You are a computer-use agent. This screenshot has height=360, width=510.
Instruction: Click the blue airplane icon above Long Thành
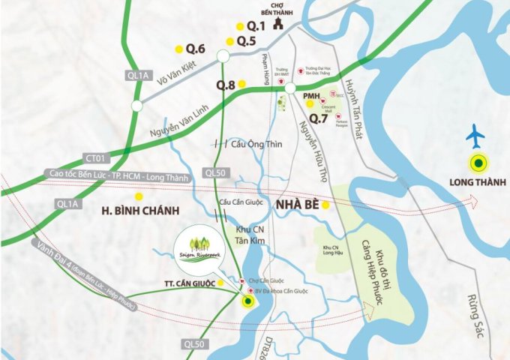pos(475,136)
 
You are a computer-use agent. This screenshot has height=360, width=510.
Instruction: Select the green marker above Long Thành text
pos(477,161)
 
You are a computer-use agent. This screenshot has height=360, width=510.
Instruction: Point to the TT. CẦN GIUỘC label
pos(190,283)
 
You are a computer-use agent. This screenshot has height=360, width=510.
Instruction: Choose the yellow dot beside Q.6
pos(178,49)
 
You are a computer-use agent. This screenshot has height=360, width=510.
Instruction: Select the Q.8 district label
pos(226,85)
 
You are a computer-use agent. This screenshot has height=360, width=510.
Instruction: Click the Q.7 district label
pos(319,118)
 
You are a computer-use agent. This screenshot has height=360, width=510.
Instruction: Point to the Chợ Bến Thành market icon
pos(278,24)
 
